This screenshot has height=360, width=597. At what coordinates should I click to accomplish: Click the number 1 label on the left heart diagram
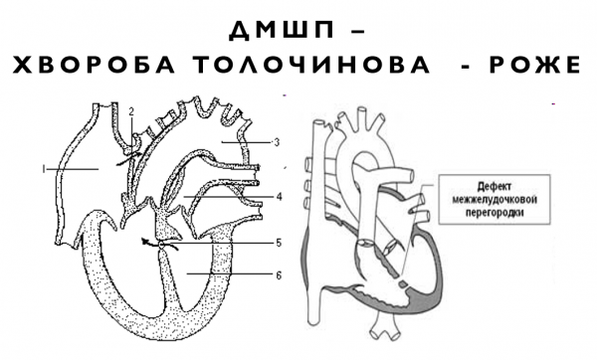click(45, 170)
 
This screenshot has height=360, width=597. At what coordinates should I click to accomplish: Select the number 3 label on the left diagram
click(276, 142)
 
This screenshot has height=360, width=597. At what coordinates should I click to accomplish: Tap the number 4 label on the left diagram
click(280, 197)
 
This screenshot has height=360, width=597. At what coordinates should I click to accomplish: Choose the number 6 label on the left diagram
click(279, 272)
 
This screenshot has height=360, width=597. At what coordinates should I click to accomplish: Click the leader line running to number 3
click(249, 142)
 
